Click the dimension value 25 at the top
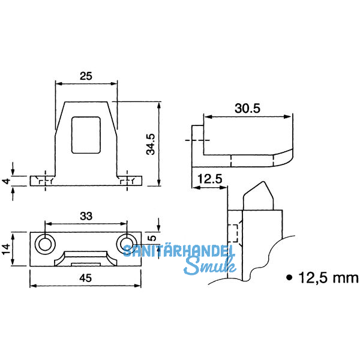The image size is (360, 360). [x=86, y=76]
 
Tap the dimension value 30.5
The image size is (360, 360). [x=247, y=109]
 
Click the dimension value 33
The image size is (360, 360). [x=85, y=216]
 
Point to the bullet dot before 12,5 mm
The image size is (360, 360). [x=290, y=278]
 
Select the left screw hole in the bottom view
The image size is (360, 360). [x=44, y=244]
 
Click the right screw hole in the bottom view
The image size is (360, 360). [x=127, y=244]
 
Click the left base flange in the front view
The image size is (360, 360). [x=42, y=181]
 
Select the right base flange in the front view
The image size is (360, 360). [x=130, y=181]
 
